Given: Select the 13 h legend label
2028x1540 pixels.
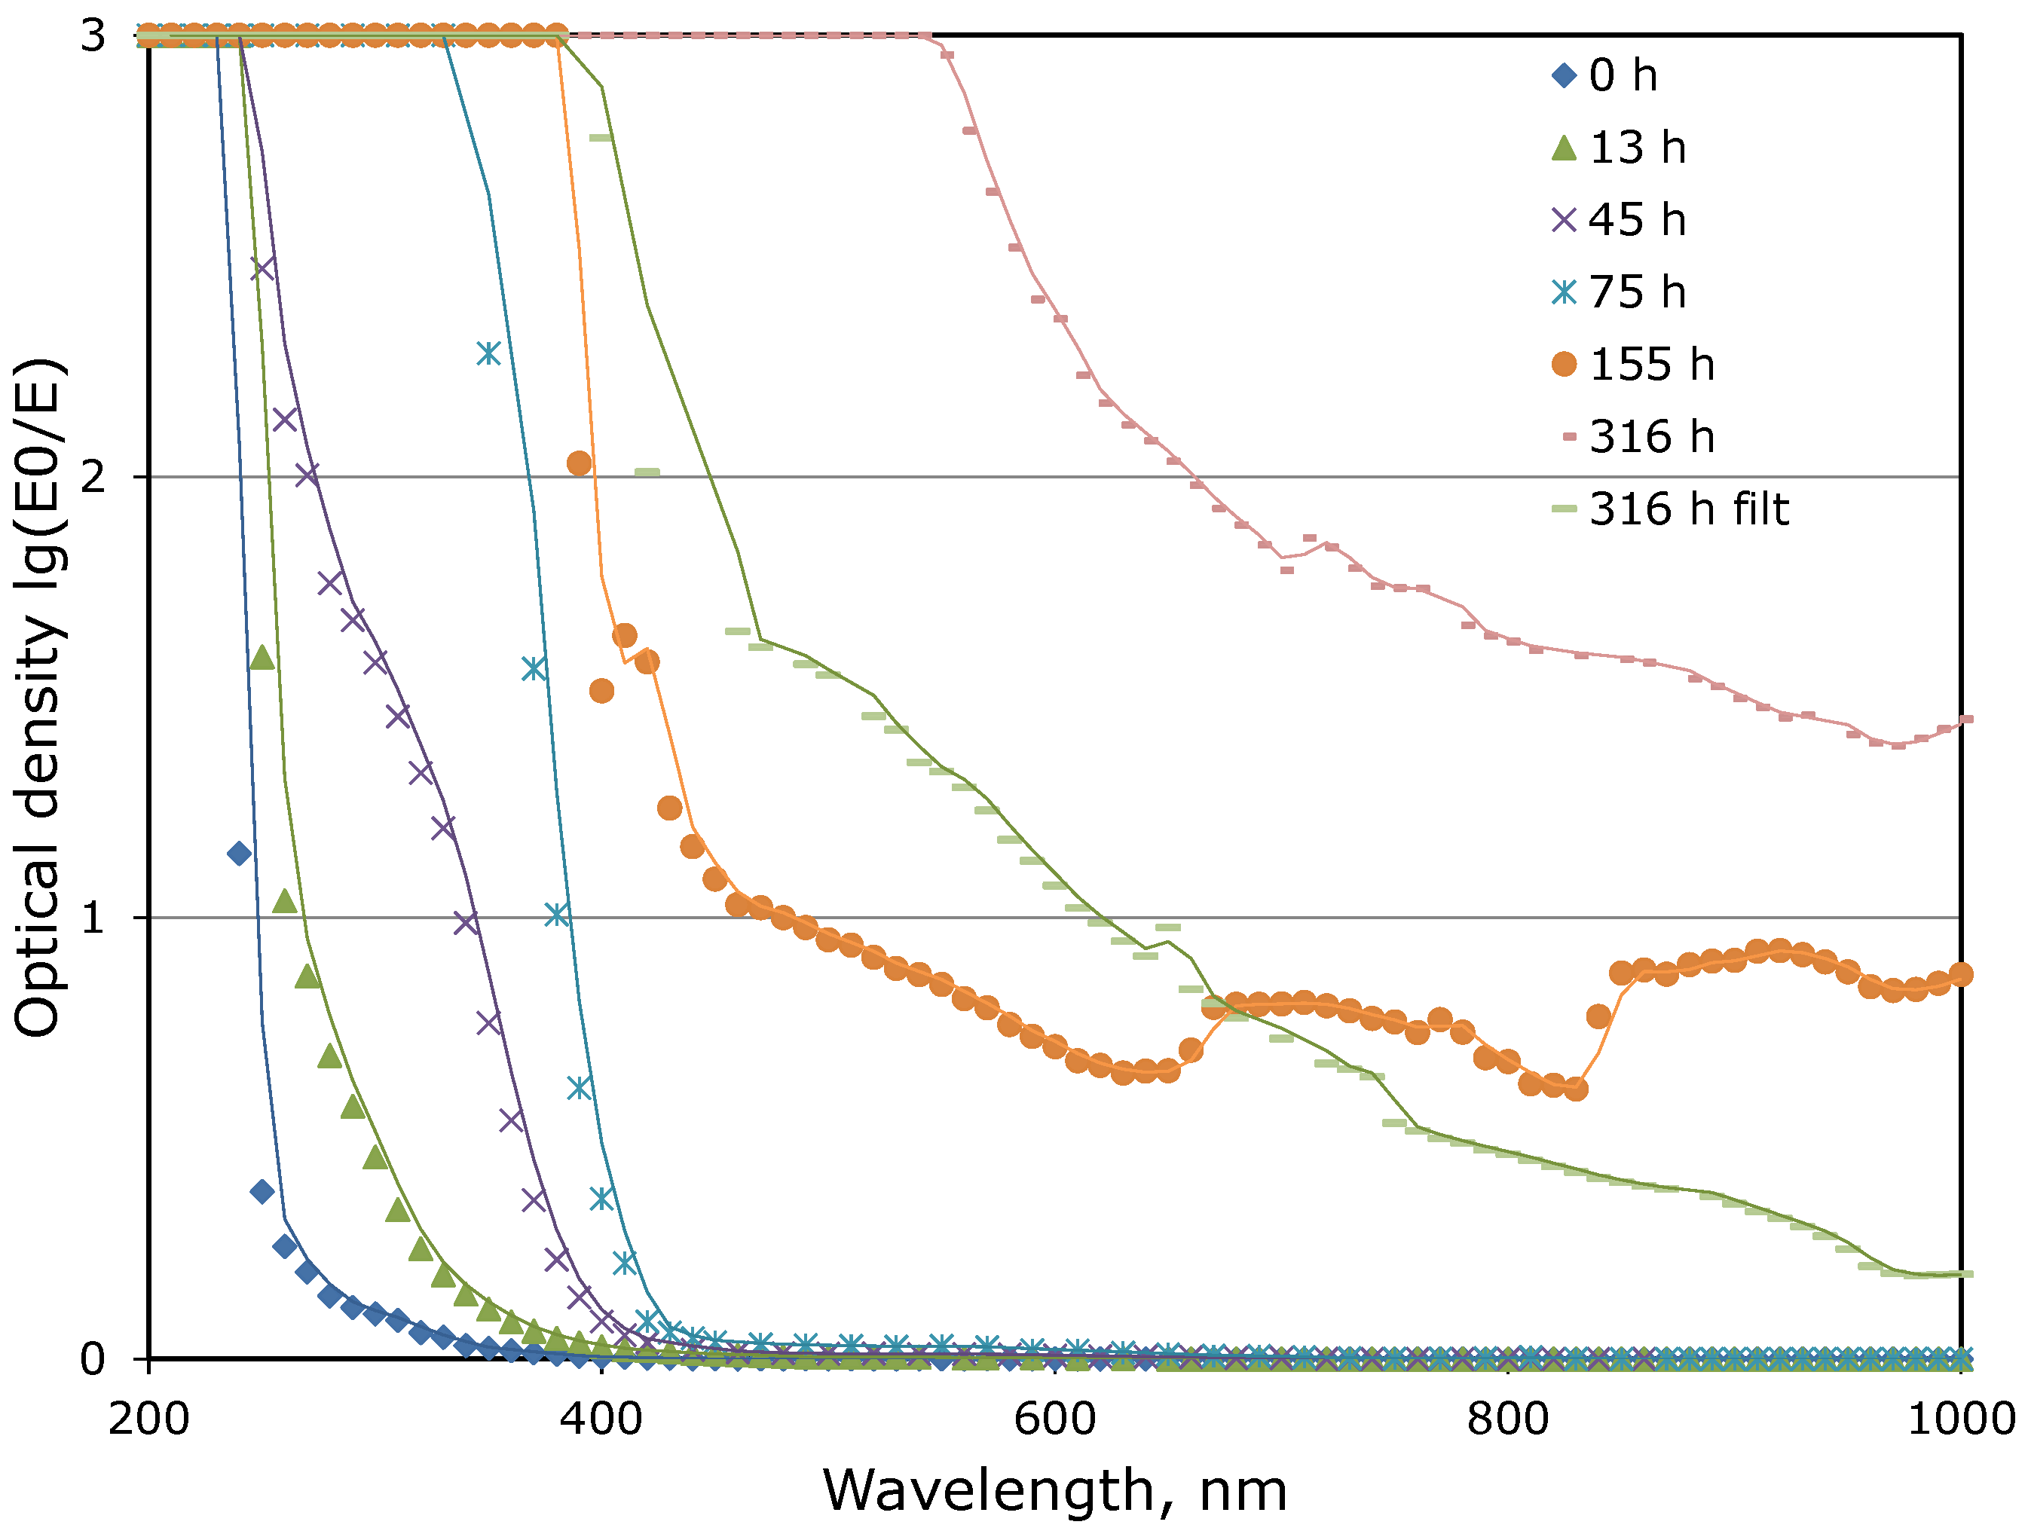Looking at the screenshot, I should pos(1637,148).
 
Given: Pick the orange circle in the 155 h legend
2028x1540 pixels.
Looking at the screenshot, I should pos(1564,365).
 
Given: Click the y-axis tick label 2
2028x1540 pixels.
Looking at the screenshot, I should pos(93,478).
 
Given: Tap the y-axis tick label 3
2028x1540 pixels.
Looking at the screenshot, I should pos(93,37).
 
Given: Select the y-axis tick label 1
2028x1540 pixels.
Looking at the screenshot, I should pos(93,918).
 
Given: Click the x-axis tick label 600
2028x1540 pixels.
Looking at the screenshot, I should pos(1054,1419).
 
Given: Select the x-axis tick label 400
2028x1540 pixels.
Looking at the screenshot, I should pos(601,1419).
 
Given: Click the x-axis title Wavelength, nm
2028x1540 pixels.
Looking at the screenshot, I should pos(1054,1490).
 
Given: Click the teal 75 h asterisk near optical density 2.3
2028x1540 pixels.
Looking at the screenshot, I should pos(488,353).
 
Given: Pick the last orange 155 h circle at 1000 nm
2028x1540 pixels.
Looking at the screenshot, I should pos(1960,974).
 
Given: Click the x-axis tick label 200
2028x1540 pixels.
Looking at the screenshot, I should pos(148,1419).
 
